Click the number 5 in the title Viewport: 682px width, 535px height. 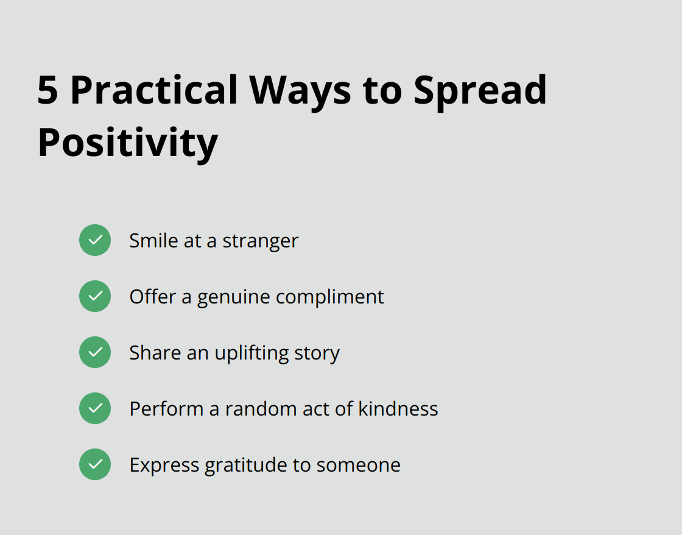[x=48, y=90]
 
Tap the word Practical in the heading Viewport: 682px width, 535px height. [x=154, y=90]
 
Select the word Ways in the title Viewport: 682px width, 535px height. [x=301, y=90]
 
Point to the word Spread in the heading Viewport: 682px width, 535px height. [x=480, y=90]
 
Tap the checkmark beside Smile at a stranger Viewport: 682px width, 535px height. [x=95, y=240]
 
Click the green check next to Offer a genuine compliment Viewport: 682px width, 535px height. [x=95, y=296]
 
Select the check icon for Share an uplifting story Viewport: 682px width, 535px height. [x=95, y=352]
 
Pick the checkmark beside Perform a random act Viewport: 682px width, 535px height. [x=95, y=408]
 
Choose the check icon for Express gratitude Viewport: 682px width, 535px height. [x=95, y=464]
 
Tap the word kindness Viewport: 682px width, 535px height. [x=398, y=409]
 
